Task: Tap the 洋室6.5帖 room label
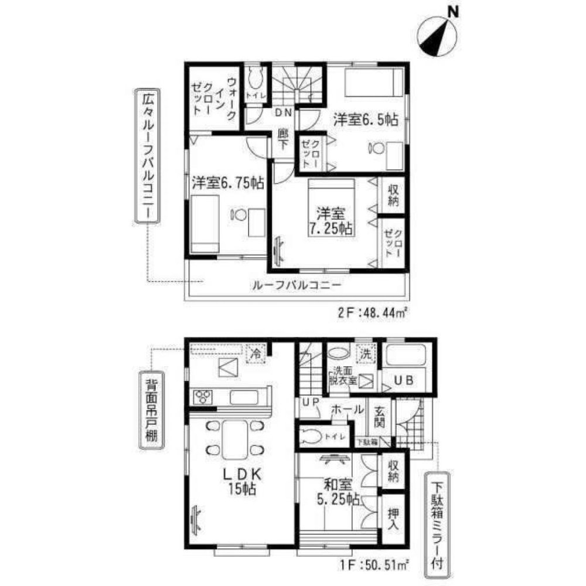pyautogui.click(x=366, y=120)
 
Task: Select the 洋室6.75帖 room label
pyautogui.click(x=227, y=183)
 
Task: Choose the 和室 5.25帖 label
pyautogui.click(x=339, y=492)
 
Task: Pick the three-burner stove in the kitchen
pyautogui.click(x=203, y=397)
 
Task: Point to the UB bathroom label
pyautogui.click(x=407, y=380)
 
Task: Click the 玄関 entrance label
pyautogui.click(x=377, y=417)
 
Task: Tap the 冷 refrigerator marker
pyautogui.click(x=256, y=354)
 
